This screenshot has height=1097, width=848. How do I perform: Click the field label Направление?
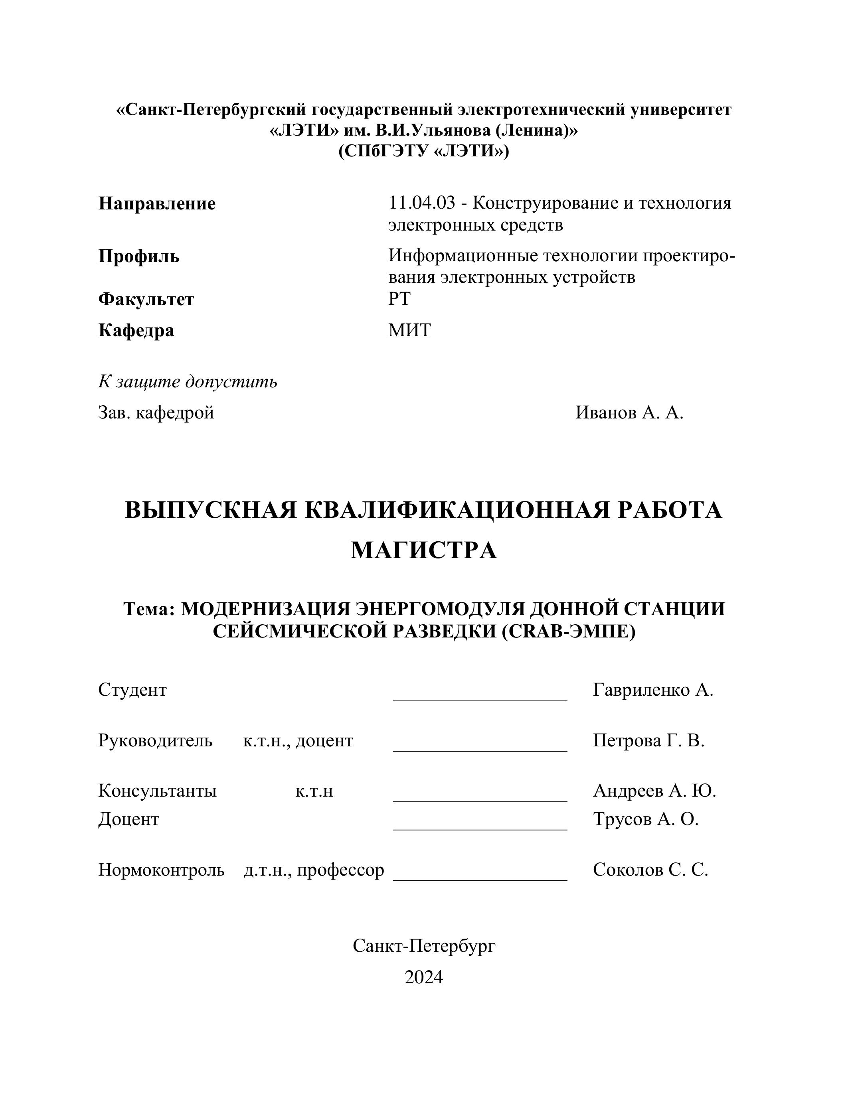(x=157, y=204)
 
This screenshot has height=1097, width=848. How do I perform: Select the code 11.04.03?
(x=421, y=203)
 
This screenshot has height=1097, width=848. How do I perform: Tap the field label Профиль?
(x=138, y=256)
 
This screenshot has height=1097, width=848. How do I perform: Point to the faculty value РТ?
(x=399, y=299)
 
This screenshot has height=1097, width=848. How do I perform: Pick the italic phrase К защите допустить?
(x=188, y=382)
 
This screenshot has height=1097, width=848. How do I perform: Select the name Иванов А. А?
(x=629, y=413)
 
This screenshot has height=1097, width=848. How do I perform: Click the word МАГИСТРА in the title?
(x=423, y=550)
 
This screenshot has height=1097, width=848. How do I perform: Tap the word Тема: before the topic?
(x=149, y=609)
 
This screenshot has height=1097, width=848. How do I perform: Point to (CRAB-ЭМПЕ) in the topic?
(x=569, y=631)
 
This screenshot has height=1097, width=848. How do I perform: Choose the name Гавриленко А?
(x=652, y=690)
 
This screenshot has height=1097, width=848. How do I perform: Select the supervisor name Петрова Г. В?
(x=648, y=740)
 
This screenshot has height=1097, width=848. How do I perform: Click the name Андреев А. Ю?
(x=654, y=791)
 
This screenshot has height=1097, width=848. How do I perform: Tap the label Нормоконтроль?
(x=161, y=870)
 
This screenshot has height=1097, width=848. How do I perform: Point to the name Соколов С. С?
(x=650, y=870)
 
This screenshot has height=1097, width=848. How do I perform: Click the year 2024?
(x=423, y=977)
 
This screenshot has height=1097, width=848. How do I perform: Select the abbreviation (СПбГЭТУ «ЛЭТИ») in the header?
(x=423, y=151)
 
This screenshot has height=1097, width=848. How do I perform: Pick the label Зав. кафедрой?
(x=156, y=413)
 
